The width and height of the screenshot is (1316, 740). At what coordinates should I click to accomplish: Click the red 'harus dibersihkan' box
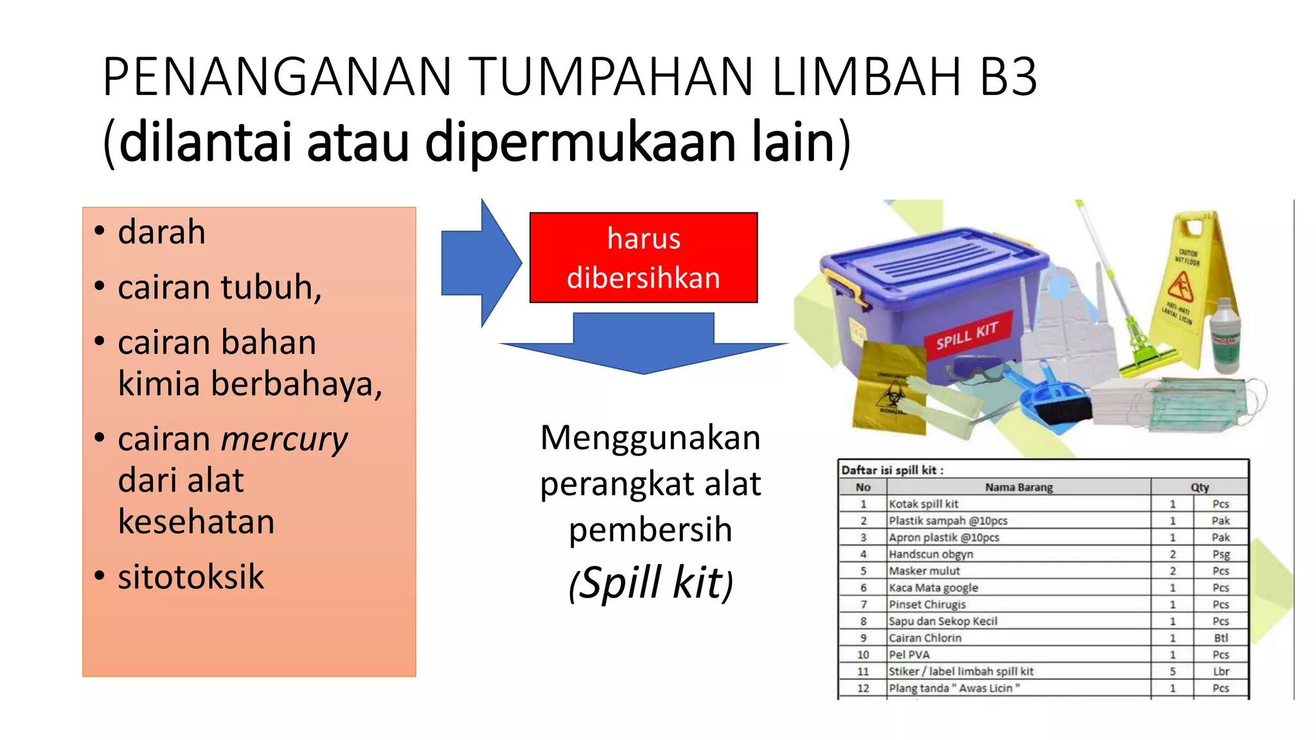click(x=643, y=258)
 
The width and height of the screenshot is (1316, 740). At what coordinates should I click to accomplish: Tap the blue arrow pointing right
click(x=479, y=263)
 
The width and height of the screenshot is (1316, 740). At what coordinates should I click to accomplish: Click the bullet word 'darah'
click(x=161, y=232)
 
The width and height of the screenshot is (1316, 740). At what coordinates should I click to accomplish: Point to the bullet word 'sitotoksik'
click(x=191, y=577)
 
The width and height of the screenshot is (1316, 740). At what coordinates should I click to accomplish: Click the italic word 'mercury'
click(x=284, y=440)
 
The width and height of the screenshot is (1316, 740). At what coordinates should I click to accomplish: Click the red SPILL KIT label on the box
click(x=968, y=335)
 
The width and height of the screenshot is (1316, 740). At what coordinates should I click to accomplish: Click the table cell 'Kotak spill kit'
click(x=923, y=504)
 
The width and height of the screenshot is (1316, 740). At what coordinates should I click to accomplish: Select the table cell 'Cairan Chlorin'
click(x=925, y=638)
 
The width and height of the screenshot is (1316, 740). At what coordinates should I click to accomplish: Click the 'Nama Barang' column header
click(x=1018, y=487)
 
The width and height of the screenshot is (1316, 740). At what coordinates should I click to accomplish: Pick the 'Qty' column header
click(x=1199, y=487)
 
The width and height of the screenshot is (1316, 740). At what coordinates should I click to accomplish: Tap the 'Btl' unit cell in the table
click(x=1221, y=638)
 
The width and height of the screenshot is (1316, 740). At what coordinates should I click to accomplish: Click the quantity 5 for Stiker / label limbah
click(x=1172, y=671)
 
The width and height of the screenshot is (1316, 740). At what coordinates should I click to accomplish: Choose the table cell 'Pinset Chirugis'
click(x=927, y=604)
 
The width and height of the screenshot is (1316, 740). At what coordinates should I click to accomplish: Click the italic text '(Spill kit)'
click(x=651, y=583)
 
